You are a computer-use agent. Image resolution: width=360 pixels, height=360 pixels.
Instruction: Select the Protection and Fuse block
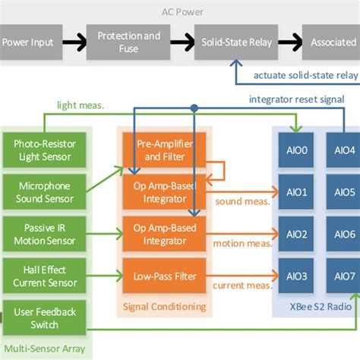coord(129,43)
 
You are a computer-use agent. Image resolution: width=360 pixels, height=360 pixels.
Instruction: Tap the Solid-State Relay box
coord(237,43)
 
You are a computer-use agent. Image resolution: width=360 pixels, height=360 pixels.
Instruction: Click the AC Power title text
coord(180,11)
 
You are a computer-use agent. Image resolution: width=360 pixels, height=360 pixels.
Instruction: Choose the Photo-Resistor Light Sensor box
coord(45,150)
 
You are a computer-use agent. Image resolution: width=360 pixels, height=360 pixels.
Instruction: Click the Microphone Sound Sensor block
coord(45,192)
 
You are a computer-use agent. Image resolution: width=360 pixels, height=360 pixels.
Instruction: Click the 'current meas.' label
coord(243,285)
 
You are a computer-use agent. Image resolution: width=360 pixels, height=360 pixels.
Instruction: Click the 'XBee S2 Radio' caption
coord(320,307)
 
